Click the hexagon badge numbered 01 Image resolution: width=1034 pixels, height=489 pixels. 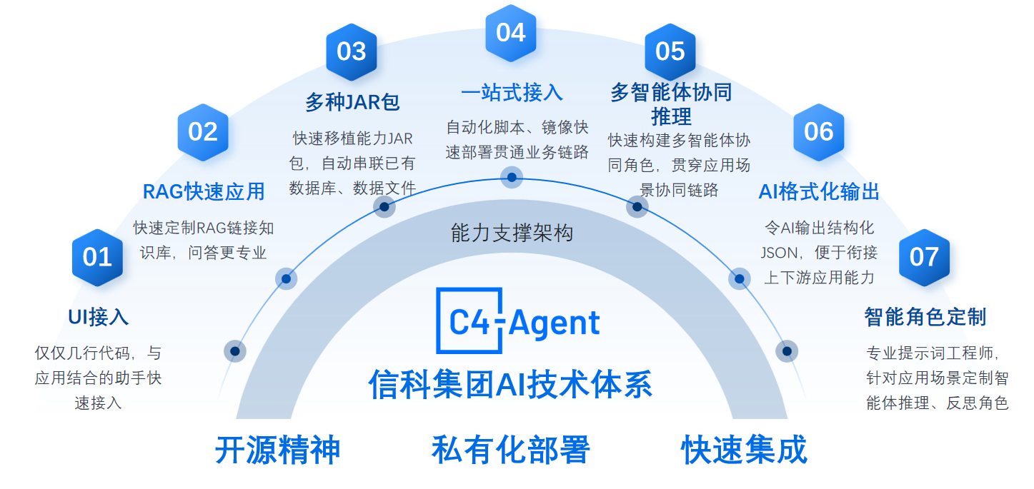pyautogui.click(x=97, y=258)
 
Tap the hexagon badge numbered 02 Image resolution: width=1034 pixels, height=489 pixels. pyautogui.click(x=203, y=132)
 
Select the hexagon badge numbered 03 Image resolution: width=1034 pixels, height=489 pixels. pyautogui.click(x=352, y=51)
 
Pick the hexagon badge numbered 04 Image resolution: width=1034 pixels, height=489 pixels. pyautogui.click(x=511, y=34)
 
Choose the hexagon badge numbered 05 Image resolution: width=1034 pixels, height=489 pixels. pyautogui.click(x=670, y=51)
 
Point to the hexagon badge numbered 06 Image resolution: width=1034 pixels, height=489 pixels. pyautogui.click(x=819, y=132)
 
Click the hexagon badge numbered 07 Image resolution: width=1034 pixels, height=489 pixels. pyautogui.click(x=924, y=258)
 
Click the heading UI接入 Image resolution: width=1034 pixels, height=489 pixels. pyautogui.click(x=99, y=318)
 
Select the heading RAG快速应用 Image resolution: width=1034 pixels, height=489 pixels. pyautogui.click(x=204, y=192)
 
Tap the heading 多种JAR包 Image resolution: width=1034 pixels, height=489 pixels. pyautogui.click(x=352, y=102)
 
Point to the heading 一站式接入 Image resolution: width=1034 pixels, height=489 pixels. pyautogui.click(x=512, y=93)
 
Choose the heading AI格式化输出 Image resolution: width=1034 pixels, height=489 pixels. pyautogui.click(x=819, y=192)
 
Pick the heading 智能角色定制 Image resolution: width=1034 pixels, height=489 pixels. pyautogui.click(x=925, y=318)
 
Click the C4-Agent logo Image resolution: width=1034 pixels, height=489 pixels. pyautogui.click(x=518, y=321)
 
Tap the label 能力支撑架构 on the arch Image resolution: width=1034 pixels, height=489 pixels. pyautogui.click(x=512, y=233)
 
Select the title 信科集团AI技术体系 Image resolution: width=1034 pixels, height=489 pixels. pyautogui.click(x=510, y=385)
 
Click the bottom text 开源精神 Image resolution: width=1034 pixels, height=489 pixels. pyautogui.click(x=278, y=450)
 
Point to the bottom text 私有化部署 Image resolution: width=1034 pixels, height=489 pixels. pyautogui.click(x=510, y=450)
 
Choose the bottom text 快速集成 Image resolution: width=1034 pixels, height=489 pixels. pyautogui.click(x=744, y=450)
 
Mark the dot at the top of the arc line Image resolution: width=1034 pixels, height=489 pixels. pyautogui.click(x=512, y=177)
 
